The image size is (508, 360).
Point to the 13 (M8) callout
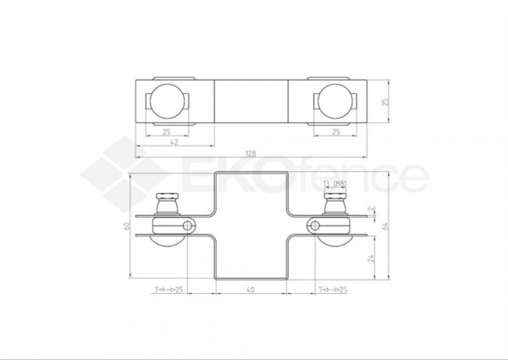pos(334,183)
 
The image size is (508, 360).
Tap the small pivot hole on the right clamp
pos(315,225)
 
